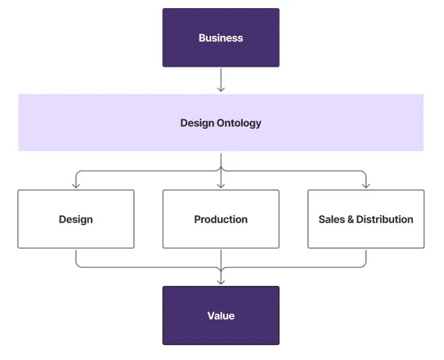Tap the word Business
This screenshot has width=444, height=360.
click(220, 38)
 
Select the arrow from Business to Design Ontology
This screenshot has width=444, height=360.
click(221, 80)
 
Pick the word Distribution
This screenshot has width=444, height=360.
click(385, 219)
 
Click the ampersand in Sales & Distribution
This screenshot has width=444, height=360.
click(350, 219)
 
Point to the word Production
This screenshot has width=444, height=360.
click(221, 219)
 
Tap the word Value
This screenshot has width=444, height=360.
click(221, 316)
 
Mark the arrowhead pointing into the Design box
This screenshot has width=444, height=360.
click(76, 185)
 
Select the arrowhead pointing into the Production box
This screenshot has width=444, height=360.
click(221, 185)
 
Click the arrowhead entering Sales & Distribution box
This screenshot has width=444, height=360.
click(366, 185)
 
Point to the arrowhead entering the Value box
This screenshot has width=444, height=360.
click(221, 282)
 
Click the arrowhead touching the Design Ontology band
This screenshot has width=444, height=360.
click(221, 89)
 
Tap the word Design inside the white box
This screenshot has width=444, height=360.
click(75, 219)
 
